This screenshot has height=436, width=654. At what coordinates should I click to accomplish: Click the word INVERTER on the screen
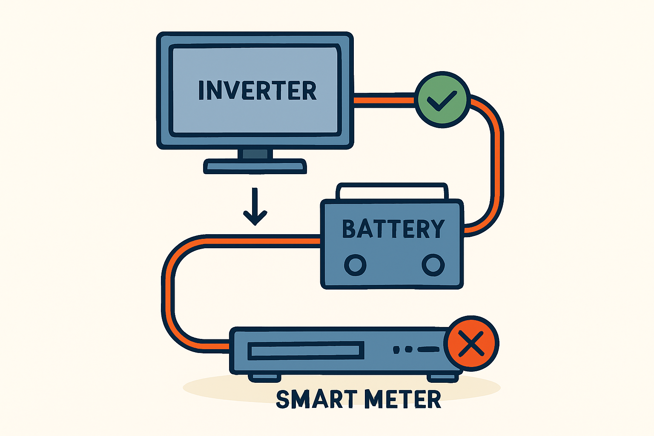pyautogui.click(x=257, y=91)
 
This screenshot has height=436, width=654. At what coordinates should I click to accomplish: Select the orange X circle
pyautogui.click(x=471, y=343)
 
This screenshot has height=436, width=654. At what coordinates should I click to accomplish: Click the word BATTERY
pyautogui.click(x=393, y=229)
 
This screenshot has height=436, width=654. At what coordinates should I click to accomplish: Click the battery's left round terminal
pyautogui.click(x=355, y=265)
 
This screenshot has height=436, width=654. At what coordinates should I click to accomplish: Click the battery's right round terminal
pyautogui.click(x=433, y=265)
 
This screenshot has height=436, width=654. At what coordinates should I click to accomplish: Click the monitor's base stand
pyautogui.click(x=255, y=166)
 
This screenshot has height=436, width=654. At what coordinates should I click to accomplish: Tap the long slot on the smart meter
pyautogui.click(x=306, y=350)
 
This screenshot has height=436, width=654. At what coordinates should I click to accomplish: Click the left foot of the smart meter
pyautogui.click(x=264, y=377)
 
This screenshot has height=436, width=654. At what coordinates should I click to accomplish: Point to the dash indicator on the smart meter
pyautogui.click(x=428, y=349)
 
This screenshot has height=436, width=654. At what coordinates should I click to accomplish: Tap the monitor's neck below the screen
pyautogui.click(x=255, y=154)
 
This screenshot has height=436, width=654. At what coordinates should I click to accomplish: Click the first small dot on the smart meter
pyautogui.click(x=396, y=350)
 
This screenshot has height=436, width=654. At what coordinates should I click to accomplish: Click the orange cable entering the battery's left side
pyautogui.click(x=298, y=241)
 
